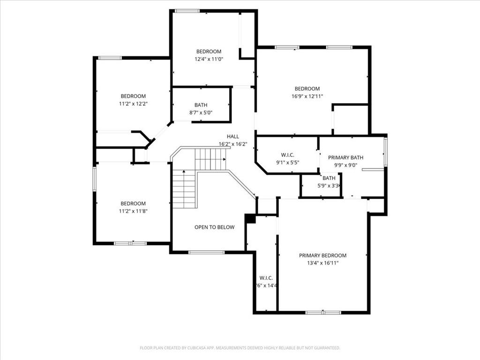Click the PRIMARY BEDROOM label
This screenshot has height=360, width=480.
tap(322, 255)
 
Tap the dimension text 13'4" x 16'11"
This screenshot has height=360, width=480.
tap(322, 263)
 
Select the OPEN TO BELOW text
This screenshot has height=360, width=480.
tap(214, 227)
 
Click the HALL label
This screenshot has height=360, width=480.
tap(232, 136)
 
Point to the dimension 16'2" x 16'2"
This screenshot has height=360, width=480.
tap(232, 144)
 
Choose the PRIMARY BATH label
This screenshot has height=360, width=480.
tap(345, 157)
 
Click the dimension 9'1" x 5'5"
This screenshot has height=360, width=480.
tap(287, 163)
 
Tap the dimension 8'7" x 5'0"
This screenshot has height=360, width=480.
tap(201, 113)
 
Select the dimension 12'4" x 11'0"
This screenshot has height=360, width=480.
tap(209, 60)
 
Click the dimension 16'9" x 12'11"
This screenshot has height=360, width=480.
tap(307, 97)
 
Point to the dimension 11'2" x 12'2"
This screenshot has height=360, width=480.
tap(133, 104)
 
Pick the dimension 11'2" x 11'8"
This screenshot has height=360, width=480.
tap(133, 211)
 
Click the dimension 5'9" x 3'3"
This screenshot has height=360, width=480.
tap(329, 186)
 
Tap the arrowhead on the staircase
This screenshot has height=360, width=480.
tap(184, 172)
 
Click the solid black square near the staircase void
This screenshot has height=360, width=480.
tap(250, 218)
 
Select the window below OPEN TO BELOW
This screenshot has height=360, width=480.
tap(206, 253)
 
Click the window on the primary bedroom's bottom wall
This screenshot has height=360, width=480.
tap(323, 312)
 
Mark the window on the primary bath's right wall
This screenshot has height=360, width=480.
tap(385, 151)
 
